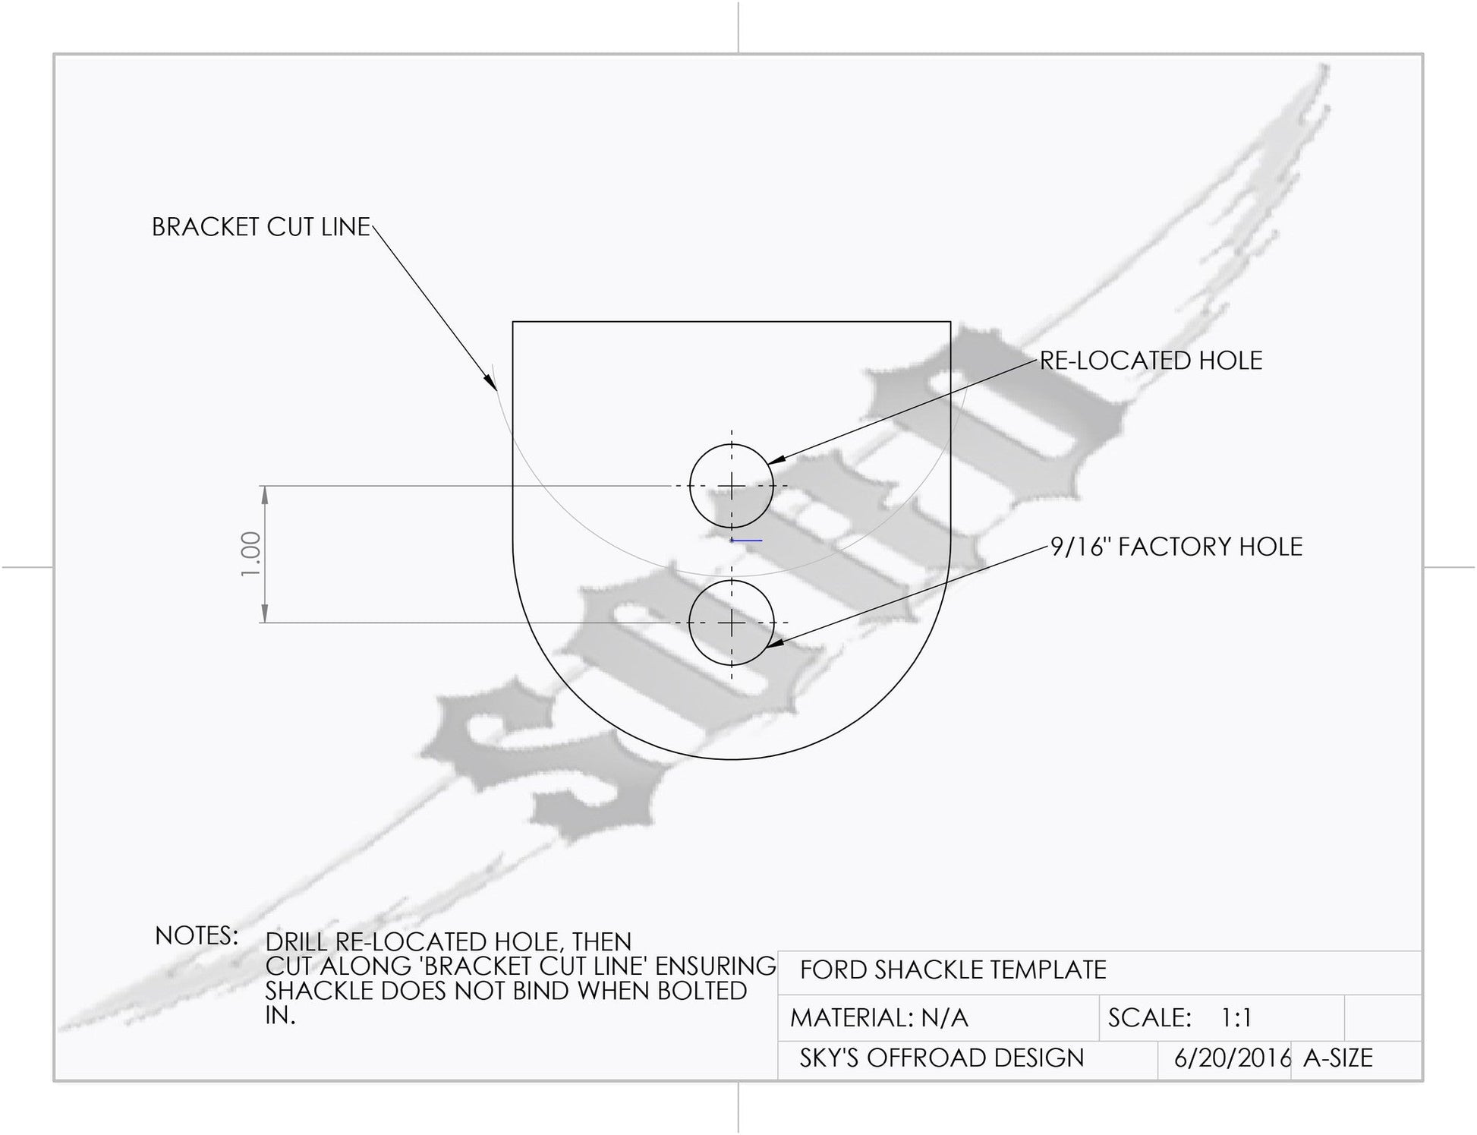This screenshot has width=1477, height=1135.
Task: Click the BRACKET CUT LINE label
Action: pyautogui.click(x=261, y=227)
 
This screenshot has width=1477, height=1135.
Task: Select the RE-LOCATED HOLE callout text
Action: pyautogui.click(x=1151, y=361)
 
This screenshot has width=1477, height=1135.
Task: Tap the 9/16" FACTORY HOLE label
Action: pyautogui.click(x=1176, y=547)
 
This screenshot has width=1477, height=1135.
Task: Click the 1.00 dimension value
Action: pyautogui.click(x=251, y=553)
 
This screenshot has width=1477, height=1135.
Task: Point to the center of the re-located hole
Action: pyautogui.click(x=732, y=486)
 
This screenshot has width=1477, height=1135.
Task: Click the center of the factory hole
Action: pyautogui.click(x=732, y=623)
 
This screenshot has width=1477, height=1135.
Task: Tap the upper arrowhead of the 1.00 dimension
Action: pyautogui.click(x=265, y=495)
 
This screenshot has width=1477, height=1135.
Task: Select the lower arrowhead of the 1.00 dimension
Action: pyautogui.click(x=265, y=613)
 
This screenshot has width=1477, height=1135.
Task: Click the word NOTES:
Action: pyautogui.click(x=197, y=936)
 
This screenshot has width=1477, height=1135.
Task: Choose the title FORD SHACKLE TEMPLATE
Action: pyautogui.click(x=953, y=970)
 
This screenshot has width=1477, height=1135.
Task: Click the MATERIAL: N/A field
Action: pyautogui.click(x=880, y=1018)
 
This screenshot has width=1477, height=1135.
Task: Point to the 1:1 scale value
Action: pyautogui.click(x=1236, y=1018)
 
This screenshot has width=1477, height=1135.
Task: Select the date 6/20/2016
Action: pyautogui.click(x=1233, y=1058)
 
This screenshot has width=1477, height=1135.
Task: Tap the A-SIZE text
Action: pyautogui.click(x=1338, y=1058)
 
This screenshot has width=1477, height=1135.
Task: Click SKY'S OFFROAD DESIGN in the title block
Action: pyautogui.click(x=942, y=1058)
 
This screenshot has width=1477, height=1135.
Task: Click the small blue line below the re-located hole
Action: pyautogui.click(x=746, y=541)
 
